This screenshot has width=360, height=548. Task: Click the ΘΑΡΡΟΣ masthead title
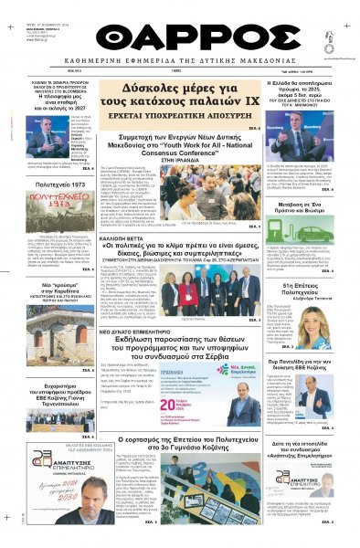[179, 36]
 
